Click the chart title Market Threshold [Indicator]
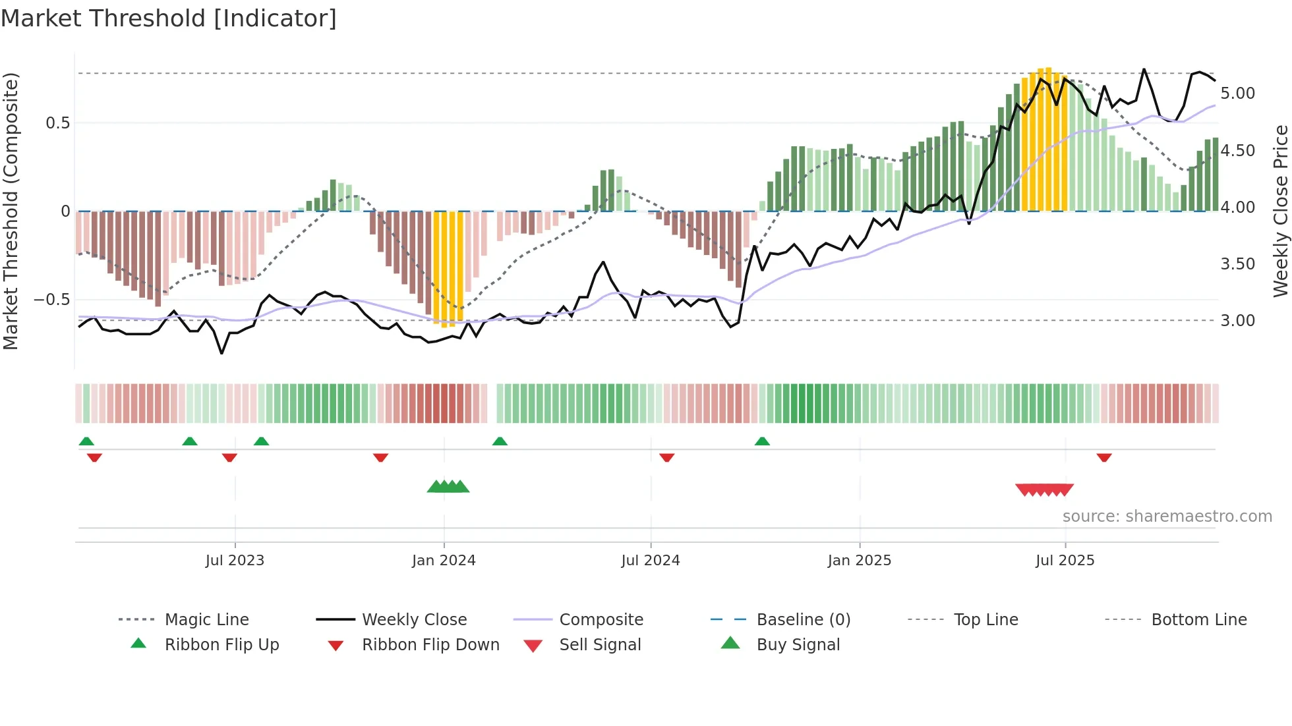(169, 18)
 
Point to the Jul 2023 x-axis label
(235, 561)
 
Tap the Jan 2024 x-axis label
(444, 561)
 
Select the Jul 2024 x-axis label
(651, 561)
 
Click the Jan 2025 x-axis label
(860, 561)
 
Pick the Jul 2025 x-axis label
(1065, 561)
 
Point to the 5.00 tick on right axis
(1238, 94)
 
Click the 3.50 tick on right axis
(1238, 264)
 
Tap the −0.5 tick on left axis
(51, 300)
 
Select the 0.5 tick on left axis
(58, 123)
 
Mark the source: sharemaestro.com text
(1167, 517)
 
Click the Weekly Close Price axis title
(1280, 211)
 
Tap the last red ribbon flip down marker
(1104, 457)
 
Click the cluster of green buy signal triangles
(448, 487)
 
